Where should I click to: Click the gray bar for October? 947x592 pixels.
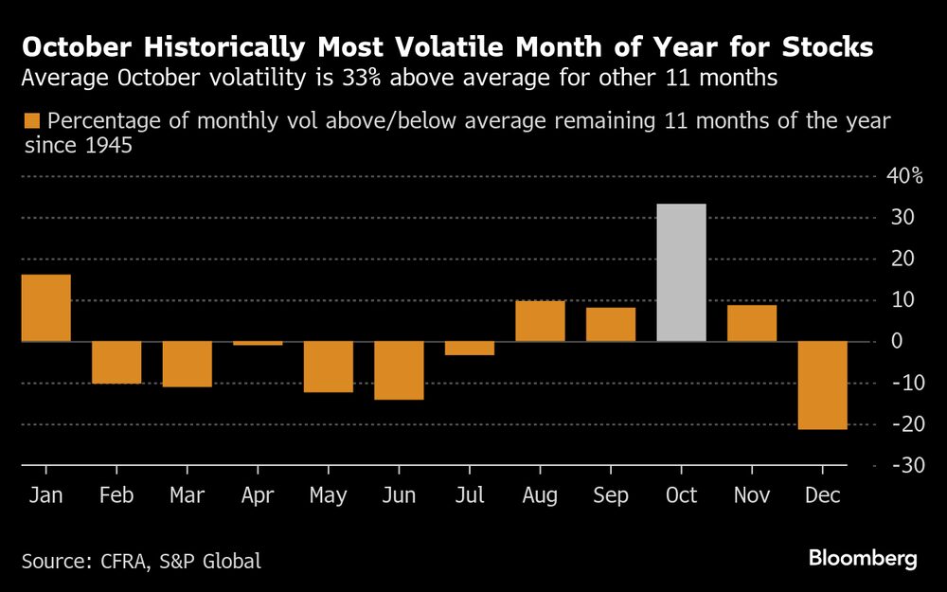pyautogui.click(x=681, y=273)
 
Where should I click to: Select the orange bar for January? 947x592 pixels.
pyautogui.click(x=45, y=308)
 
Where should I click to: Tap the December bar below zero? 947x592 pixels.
pyautogui.click(x=822, y=386)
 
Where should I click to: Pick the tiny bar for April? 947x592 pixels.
pyautogui.click(x=258, y=343)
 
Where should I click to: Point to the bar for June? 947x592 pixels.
pyautogui.click(x=399, y=370)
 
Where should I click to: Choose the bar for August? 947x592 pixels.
pyautogui.click(x=540, y=321)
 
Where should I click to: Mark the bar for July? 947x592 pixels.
pyautogui.click(x=470, y=348)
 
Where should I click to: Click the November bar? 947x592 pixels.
pyautogui.click(x=752, y=323)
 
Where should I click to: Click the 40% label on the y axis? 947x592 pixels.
pyautogui.click(x=904, y=176)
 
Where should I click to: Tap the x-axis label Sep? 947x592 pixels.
pyautogui.click(x=611, y=496)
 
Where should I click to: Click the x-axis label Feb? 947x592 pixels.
pyautogui.click(x=116, y=496)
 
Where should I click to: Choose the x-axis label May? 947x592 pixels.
pyautogui.click(x=328, y=496)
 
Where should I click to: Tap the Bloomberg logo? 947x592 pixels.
pyautogui.click(x=863, y=559)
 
